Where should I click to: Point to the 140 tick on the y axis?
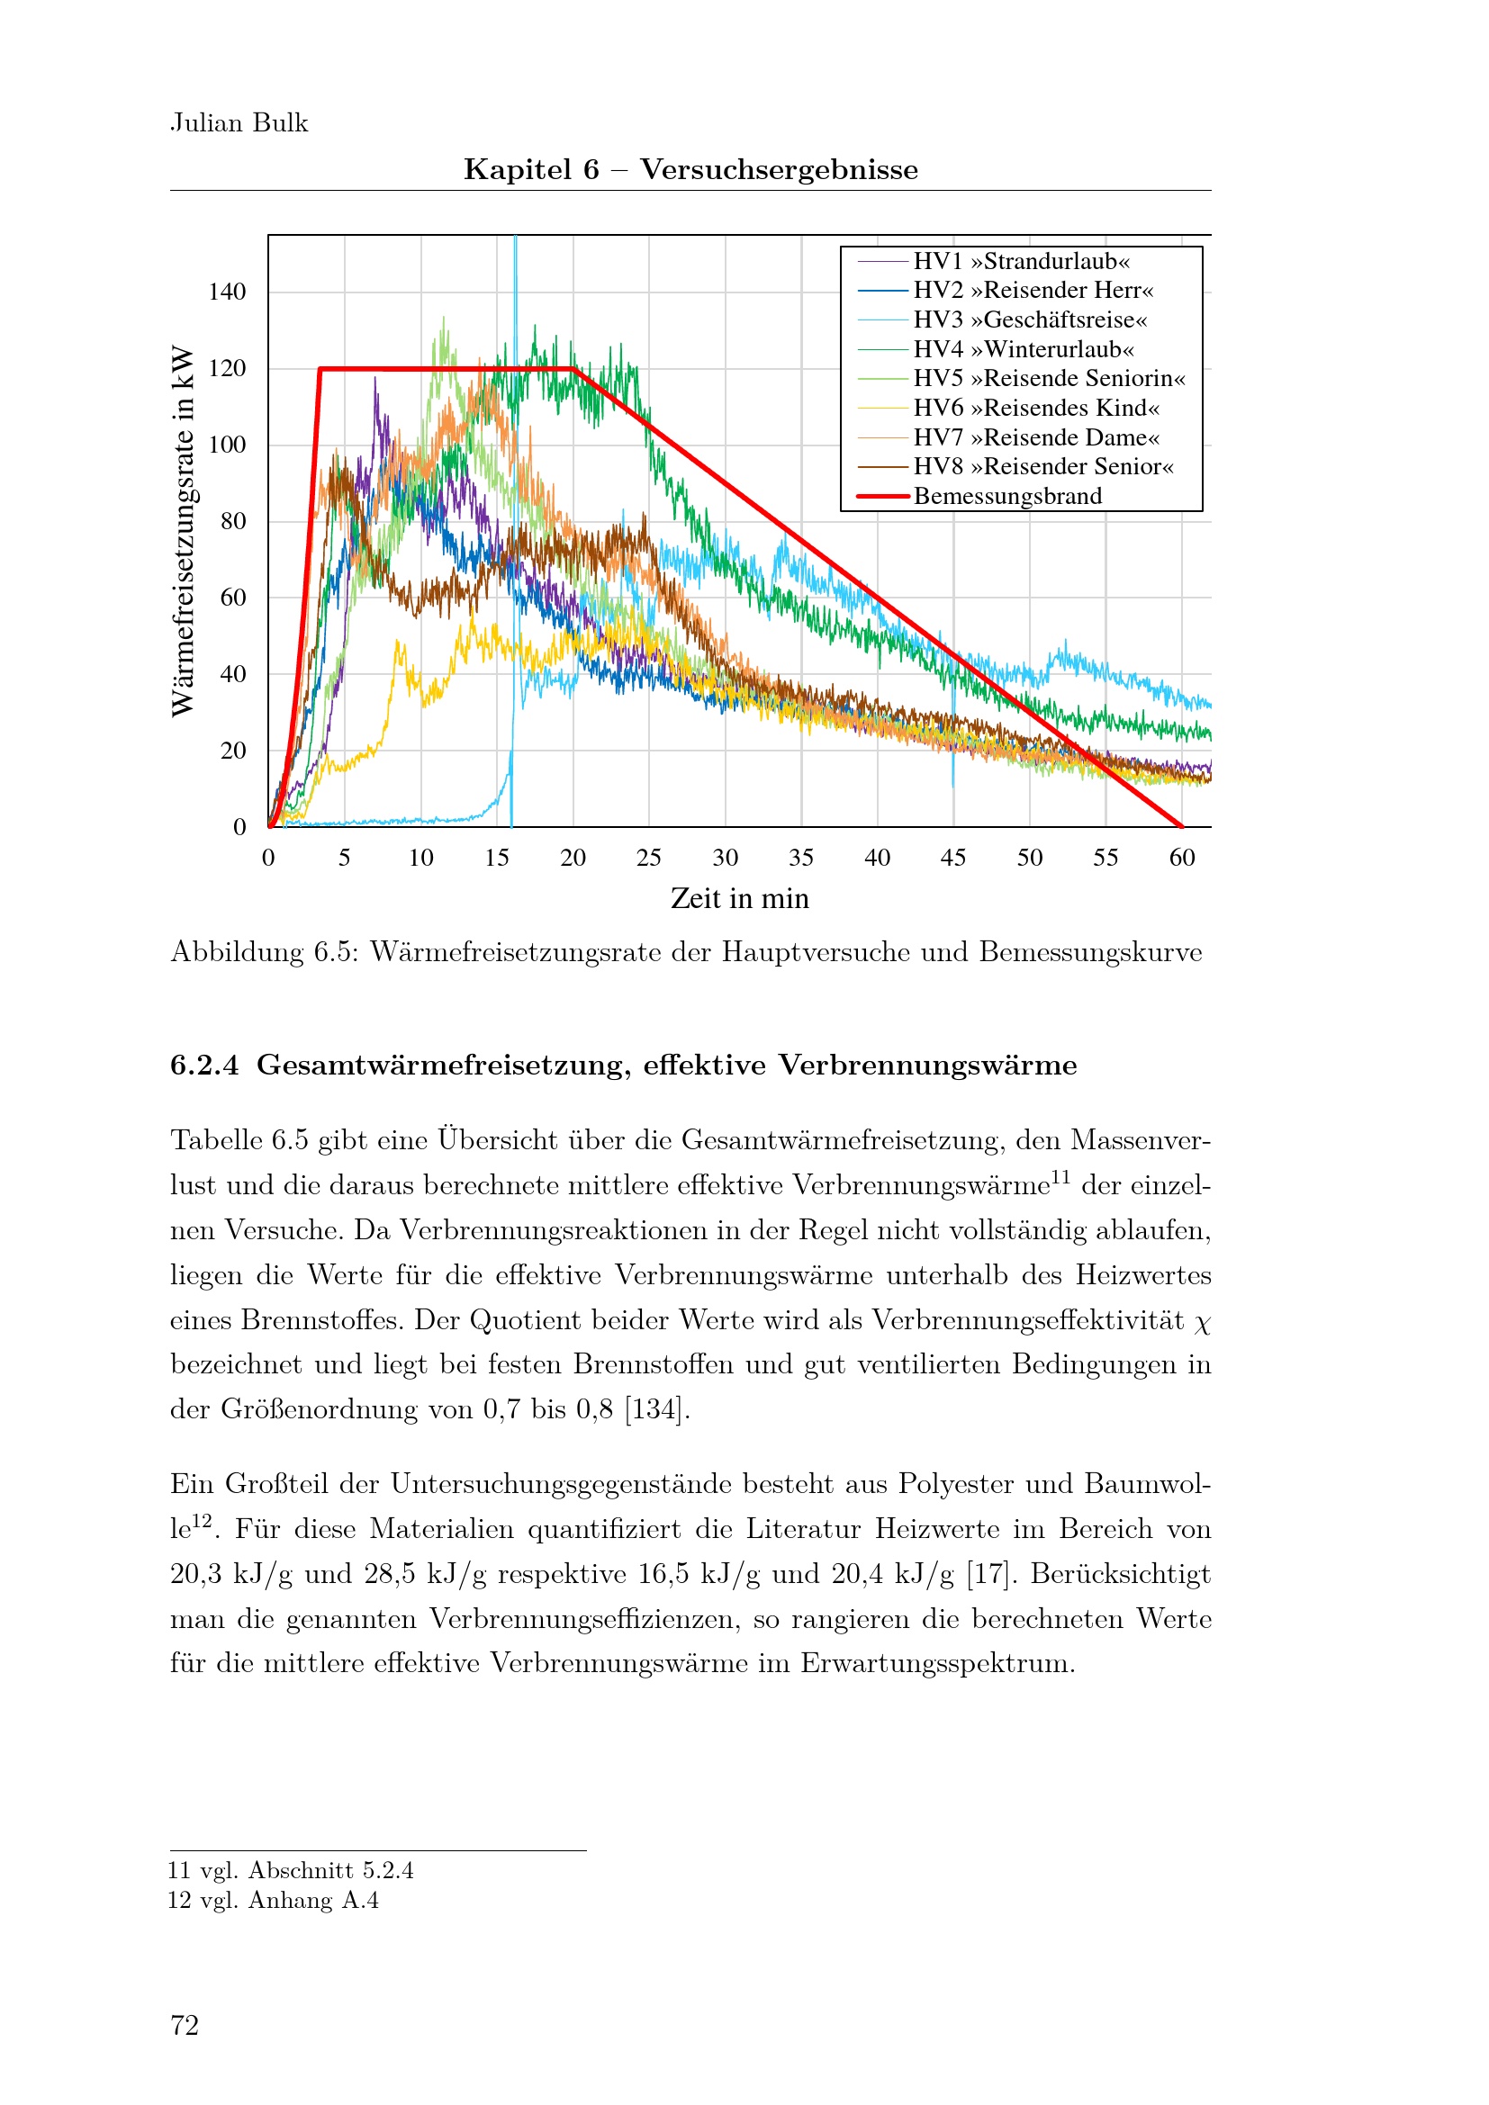[x=228, y=292]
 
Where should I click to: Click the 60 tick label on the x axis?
[x=1181, y=859]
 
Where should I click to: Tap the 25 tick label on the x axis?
[x=648, y=859]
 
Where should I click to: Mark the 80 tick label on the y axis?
[x=233, y=521]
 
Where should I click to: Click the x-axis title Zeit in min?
[x=739, y=898]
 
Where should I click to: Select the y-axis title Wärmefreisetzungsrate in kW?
[x=184, y=531]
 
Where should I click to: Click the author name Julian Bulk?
[x=239, y=123]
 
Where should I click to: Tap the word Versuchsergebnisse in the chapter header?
[x=779, y=169]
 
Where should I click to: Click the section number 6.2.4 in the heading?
[x=203, y=1065]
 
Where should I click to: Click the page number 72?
[x=185, y=2025]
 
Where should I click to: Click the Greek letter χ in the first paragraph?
[x=1202, y=1322]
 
